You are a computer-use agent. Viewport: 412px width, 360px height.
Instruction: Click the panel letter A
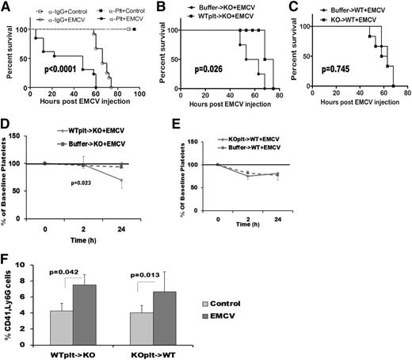click(7, 7)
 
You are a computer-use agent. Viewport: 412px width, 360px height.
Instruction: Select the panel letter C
click(292, 7)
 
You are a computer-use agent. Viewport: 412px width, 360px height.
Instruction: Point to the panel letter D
click(7, 119)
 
